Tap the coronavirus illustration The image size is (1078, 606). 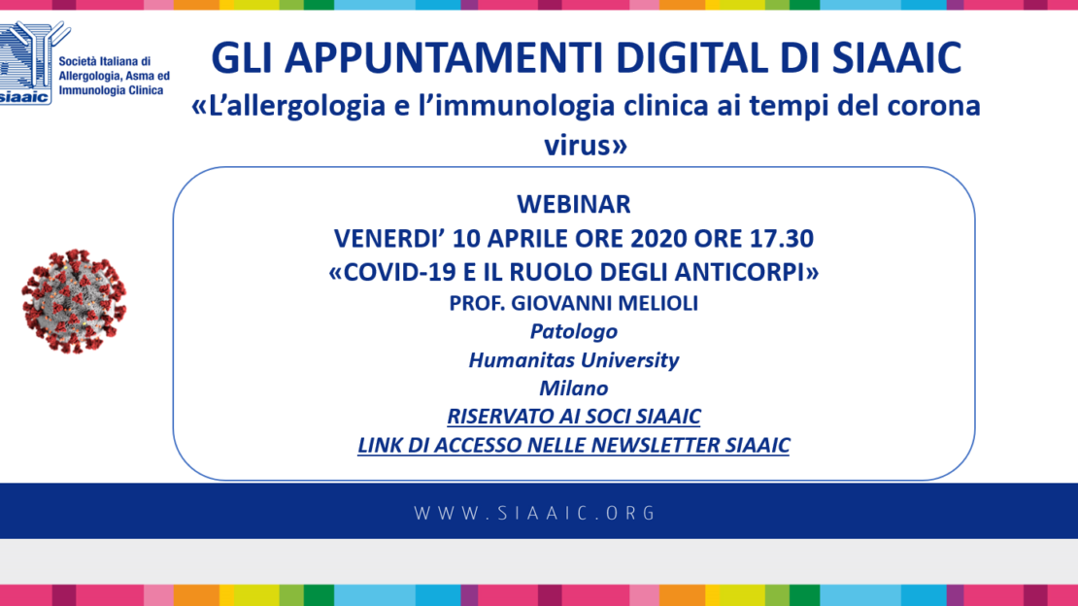point(74,301)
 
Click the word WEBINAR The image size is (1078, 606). point(573,204)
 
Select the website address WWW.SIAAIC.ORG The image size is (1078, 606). point(535,513)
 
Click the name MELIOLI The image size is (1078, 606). point(657,303)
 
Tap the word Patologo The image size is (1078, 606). point(573,331)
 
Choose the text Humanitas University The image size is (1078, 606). point(573,359)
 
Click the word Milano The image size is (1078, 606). point(573,387)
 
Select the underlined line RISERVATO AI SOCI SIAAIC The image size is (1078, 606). point(573,417)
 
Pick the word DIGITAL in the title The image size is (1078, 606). point(692,57)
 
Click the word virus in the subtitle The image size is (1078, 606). point(578,145)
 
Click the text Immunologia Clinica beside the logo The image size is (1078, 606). point(111,90)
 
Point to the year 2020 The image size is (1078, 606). point(658,238)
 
